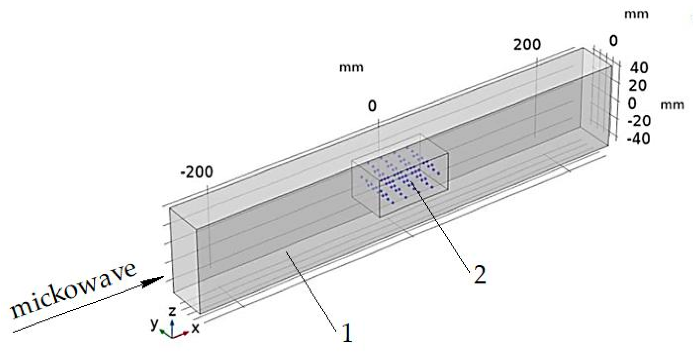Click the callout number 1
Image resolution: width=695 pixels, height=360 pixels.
point(347,333)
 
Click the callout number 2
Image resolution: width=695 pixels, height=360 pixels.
point(480,274)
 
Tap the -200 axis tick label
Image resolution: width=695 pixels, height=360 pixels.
point(196,172)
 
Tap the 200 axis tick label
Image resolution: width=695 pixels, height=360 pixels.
point(527,45)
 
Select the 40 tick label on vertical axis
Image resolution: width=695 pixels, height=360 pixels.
point(639,68)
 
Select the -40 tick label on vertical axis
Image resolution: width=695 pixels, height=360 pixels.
point(638,139)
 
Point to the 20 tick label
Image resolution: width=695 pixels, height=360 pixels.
point(638,86)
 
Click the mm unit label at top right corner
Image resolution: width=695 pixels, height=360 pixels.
point(636,15)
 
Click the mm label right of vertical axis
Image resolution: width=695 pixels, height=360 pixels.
point(672,105)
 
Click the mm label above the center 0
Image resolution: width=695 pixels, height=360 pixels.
point(351,67)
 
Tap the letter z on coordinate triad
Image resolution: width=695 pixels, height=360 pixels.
point(172,311)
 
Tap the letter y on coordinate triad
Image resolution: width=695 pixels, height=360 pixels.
point(154,324)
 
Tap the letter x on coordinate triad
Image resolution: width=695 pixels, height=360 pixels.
point(195,328)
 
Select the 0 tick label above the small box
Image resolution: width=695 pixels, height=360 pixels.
point(372,106)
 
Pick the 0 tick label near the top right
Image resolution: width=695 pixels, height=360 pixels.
point(614,41)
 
